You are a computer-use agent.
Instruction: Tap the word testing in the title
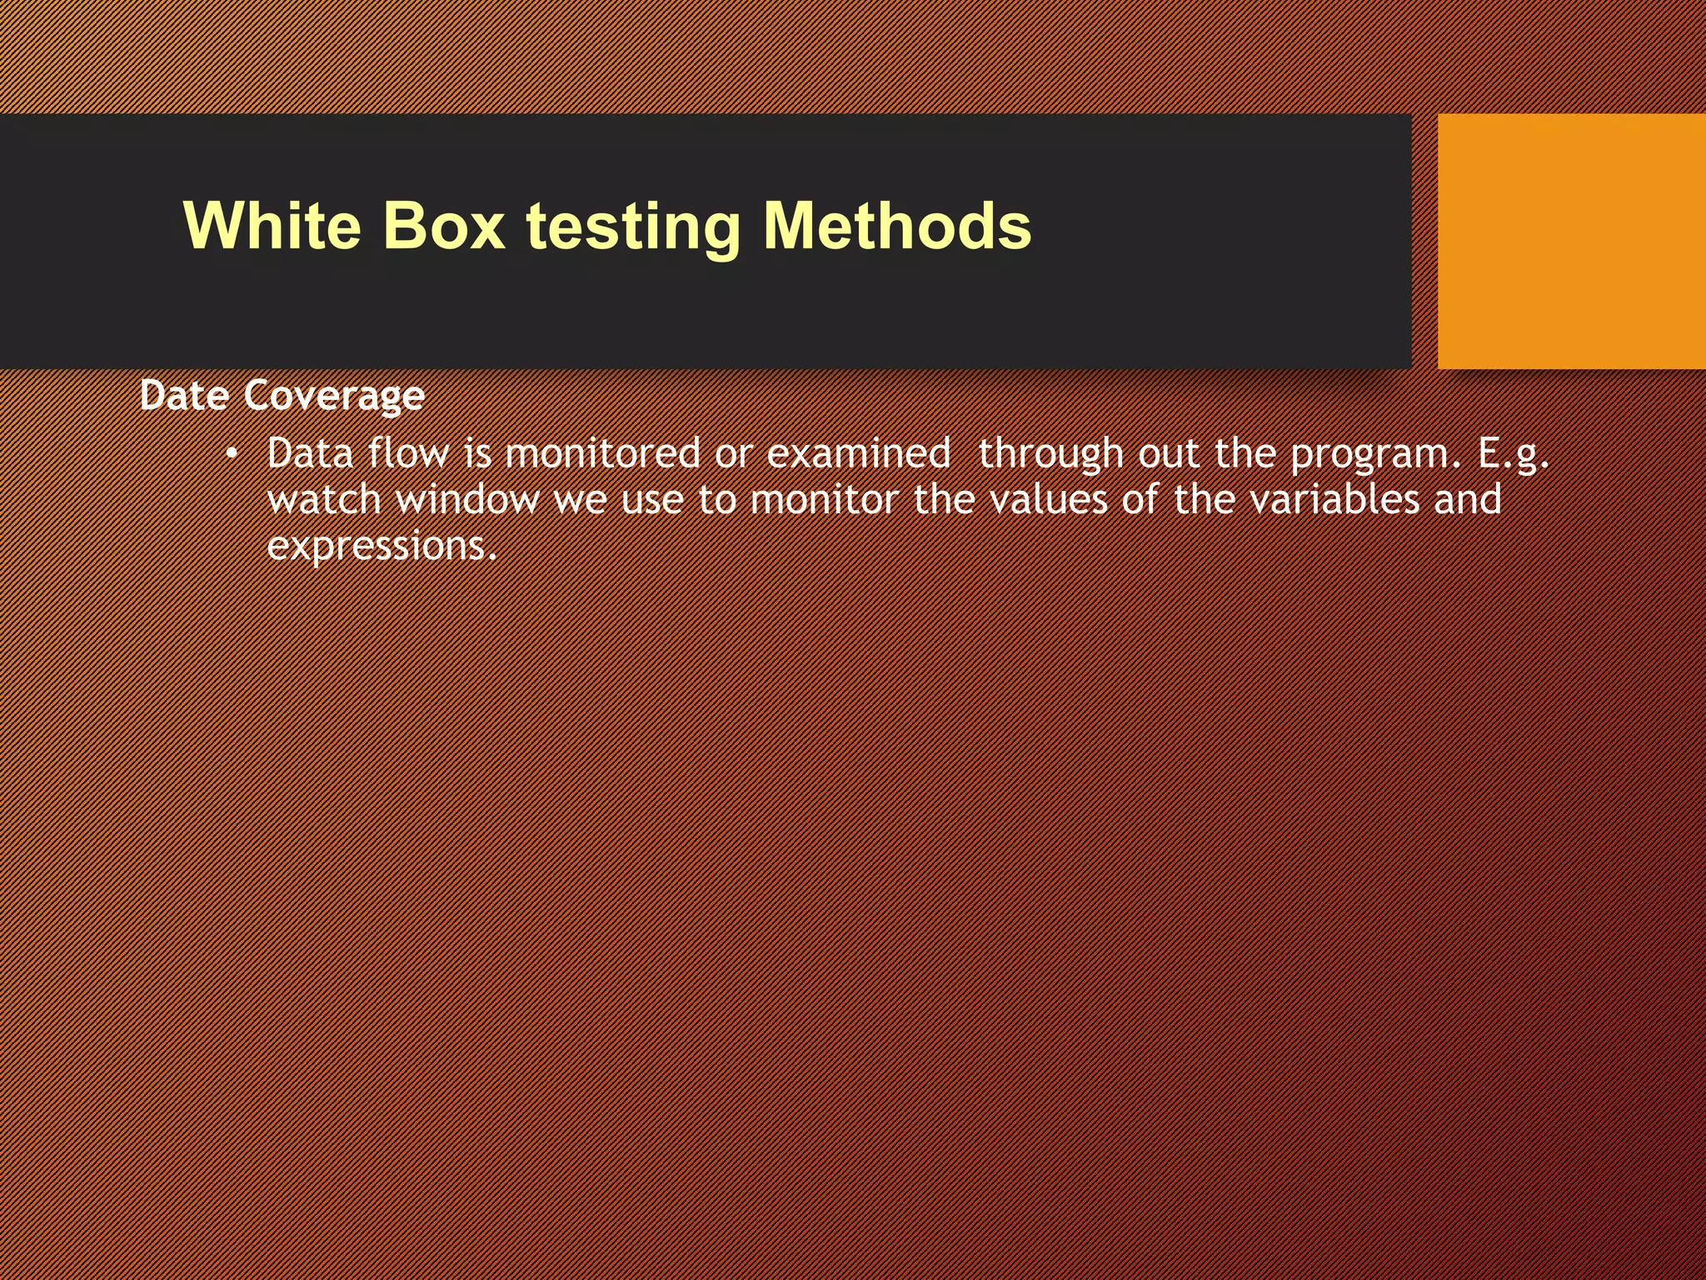click(x=633, y=227)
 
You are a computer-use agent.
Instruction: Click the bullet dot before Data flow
click(x=232, y=454)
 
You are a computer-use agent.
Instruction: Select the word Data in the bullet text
click(x=310, y=453)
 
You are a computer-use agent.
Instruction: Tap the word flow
click(x=407, y=453)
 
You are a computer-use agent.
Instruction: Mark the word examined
click(x=858, y=453)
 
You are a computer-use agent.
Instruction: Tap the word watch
click(x=324, y=499)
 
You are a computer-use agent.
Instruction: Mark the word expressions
click(x=382, y=547)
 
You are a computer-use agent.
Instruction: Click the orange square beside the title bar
click(x=1571, y=241)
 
